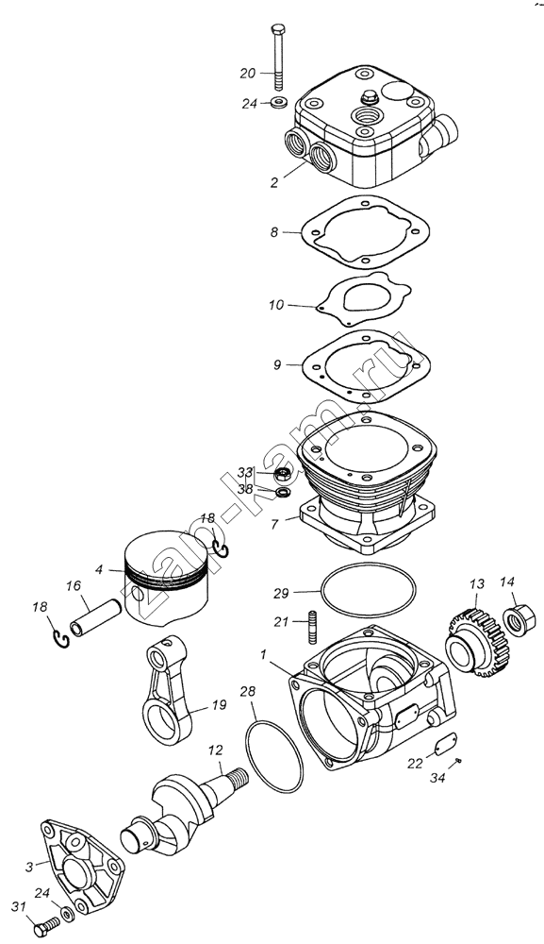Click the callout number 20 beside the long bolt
click(x=248, y=74)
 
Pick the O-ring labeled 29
click(x=368, y=592)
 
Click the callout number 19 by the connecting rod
click(x=219, y=704)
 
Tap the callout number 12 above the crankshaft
click(x=216, y=750)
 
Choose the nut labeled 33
click(x=283, y=475)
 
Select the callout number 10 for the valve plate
click(x=276, y=305)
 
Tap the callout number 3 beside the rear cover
click(x=29, y=867)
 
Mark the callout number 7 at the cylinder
click(x=274, y=524)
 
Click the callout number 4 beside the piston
click(x=99, y=567)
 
